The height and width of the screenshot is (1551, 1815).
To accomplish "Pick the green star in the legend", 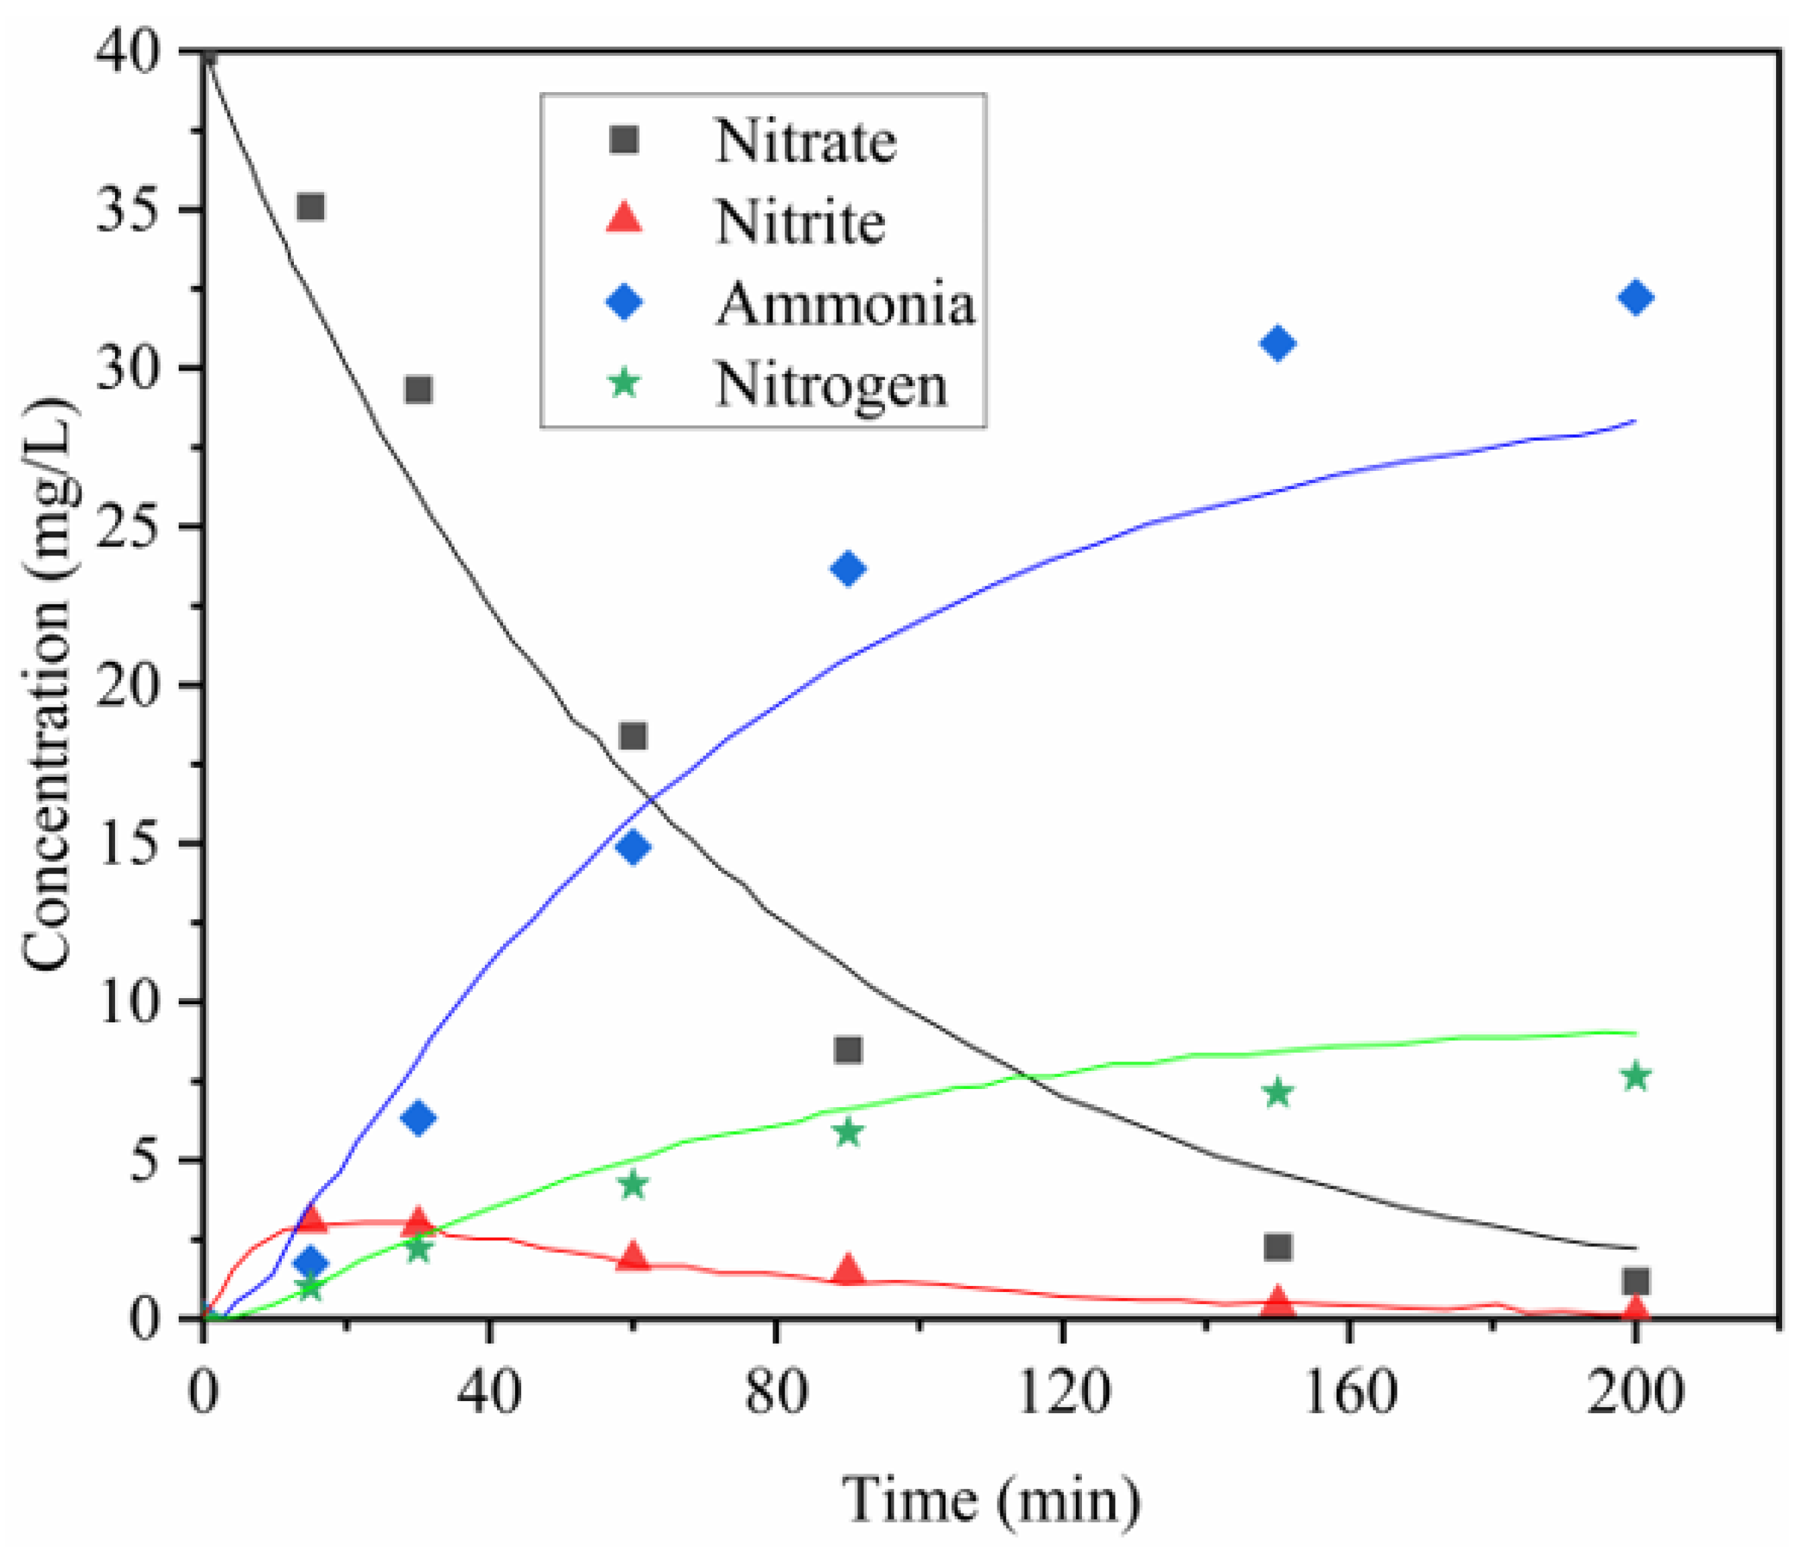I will [x=625, y=383].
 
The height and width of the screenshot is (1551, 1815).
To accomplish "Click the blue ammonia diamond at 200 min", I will [x=1635, y=298].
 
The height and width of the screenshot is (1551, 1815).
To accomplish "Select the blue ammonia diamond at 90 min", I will [x=848, y=569].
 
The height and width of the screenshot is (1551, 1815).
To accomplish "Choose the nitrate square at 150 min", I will [x=1278, y=1246].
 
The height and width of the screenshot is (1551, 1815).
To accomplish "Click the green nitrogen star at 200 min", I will [x=1635, y=1076].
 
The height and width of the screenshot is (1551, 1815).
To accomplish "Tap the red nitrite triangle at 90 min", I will [x=848, y=1270].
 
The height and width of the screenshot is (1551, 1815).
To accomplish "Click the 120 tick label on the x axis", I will [x=1063, y=1392].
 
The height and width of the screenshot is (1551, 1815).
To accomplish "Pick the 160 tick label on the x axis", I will [x=1349, y=1392].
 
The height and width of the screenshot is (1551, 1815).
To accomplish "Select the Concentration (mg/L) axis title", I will [x=48, y=683].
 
